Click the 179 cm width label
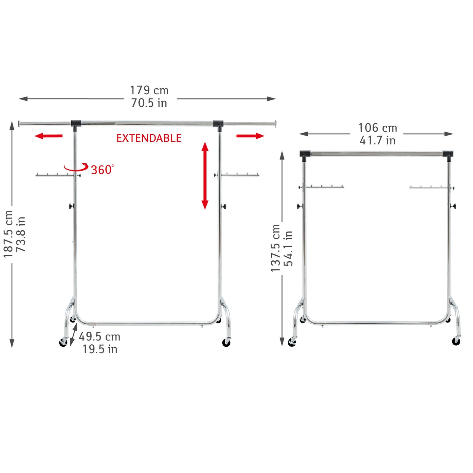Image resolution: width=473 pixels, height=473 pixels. point(149,90)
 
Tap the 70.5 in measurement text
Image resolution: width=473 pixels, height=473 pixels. point(149,103)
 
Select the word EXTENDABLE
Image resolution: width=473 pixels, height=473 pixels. point(149,138)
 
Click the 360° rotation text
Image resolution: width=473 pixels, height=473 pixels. point(102,170)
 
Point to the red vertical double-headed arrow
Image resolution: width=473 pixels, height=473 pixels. point(205,175)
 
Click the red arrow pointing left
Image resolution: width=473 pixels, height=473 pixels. point(48,136)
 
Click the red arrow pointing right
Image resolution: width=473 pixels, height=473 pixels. point(250,136)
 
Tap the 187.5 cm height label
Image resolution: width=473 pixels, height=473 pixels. point(8,234)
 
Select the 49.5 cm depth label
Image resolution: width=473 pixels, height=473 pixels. point(100,337)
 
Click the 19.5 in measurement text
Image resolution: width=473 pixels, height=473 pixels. point(100,349)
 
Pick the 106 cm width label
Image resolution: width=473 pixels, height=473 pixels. point(378,128)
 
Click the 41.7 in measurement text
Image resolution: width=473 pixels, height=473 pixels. point(378,140)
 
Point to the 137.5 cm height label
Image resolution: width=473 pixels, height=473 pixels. point(275,248)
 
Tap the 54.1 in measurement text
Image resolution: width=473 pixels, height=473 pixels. point(288,248)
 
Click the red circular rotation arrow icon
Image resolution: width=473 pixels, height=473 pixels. point(76,167)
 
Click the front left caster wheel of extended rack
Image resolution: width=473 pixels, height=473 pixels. point(63,342)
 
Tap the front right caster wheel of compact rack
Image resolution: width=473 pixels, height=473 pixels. point(456,341)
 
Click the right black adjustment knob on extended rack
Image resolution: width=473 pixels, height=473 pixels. point(224,206)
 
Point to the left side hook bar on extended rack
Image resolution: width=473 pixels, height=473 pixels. point(54,175)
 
